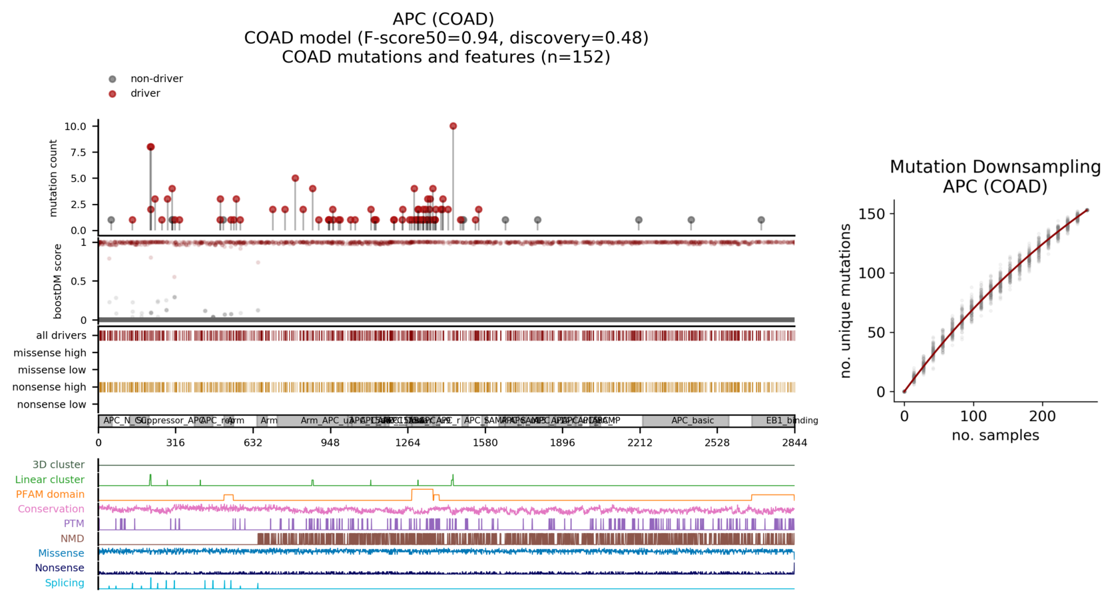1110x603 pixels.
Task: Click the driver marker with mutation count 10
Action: tap(453, 126)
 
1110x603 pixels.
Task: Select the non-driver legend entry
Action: tap(156, 79)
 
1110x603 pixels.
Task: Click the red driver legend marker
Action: tap(113, 94)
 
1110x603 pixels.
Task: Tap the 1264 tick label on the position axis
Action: tap(408, 443)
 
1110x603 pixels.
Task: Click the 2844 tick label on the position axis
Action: tap(794, 443)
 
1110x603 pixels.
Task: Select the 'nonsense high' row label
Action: tap(49, 387)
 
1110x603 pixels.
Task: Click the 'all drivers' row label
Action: tap(61, 335)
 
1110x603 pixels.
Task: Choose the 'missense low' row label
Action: tap(52, 370)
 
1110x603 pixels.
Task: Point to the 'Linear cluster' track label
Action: tap(50, 480)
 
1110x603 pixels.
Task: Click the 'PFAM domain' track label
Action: tap(51, 494)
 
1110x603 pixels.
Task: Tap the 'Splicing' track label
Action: tap(65, 583)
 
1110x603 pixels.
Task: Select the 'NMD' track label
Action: tap(73, 538)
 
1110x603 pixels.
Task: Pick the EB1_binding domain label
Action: tap(791, 421)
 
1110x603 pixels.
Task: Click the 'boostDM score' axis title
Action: tap(58, 281)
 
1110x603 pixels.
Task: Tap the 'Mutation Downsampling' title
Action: tap(995, 167)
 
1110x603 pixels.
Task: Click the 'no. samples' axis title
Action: tap(995, 436)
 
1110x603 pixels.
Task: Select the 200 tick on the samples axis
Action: tap(1042, 416)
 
